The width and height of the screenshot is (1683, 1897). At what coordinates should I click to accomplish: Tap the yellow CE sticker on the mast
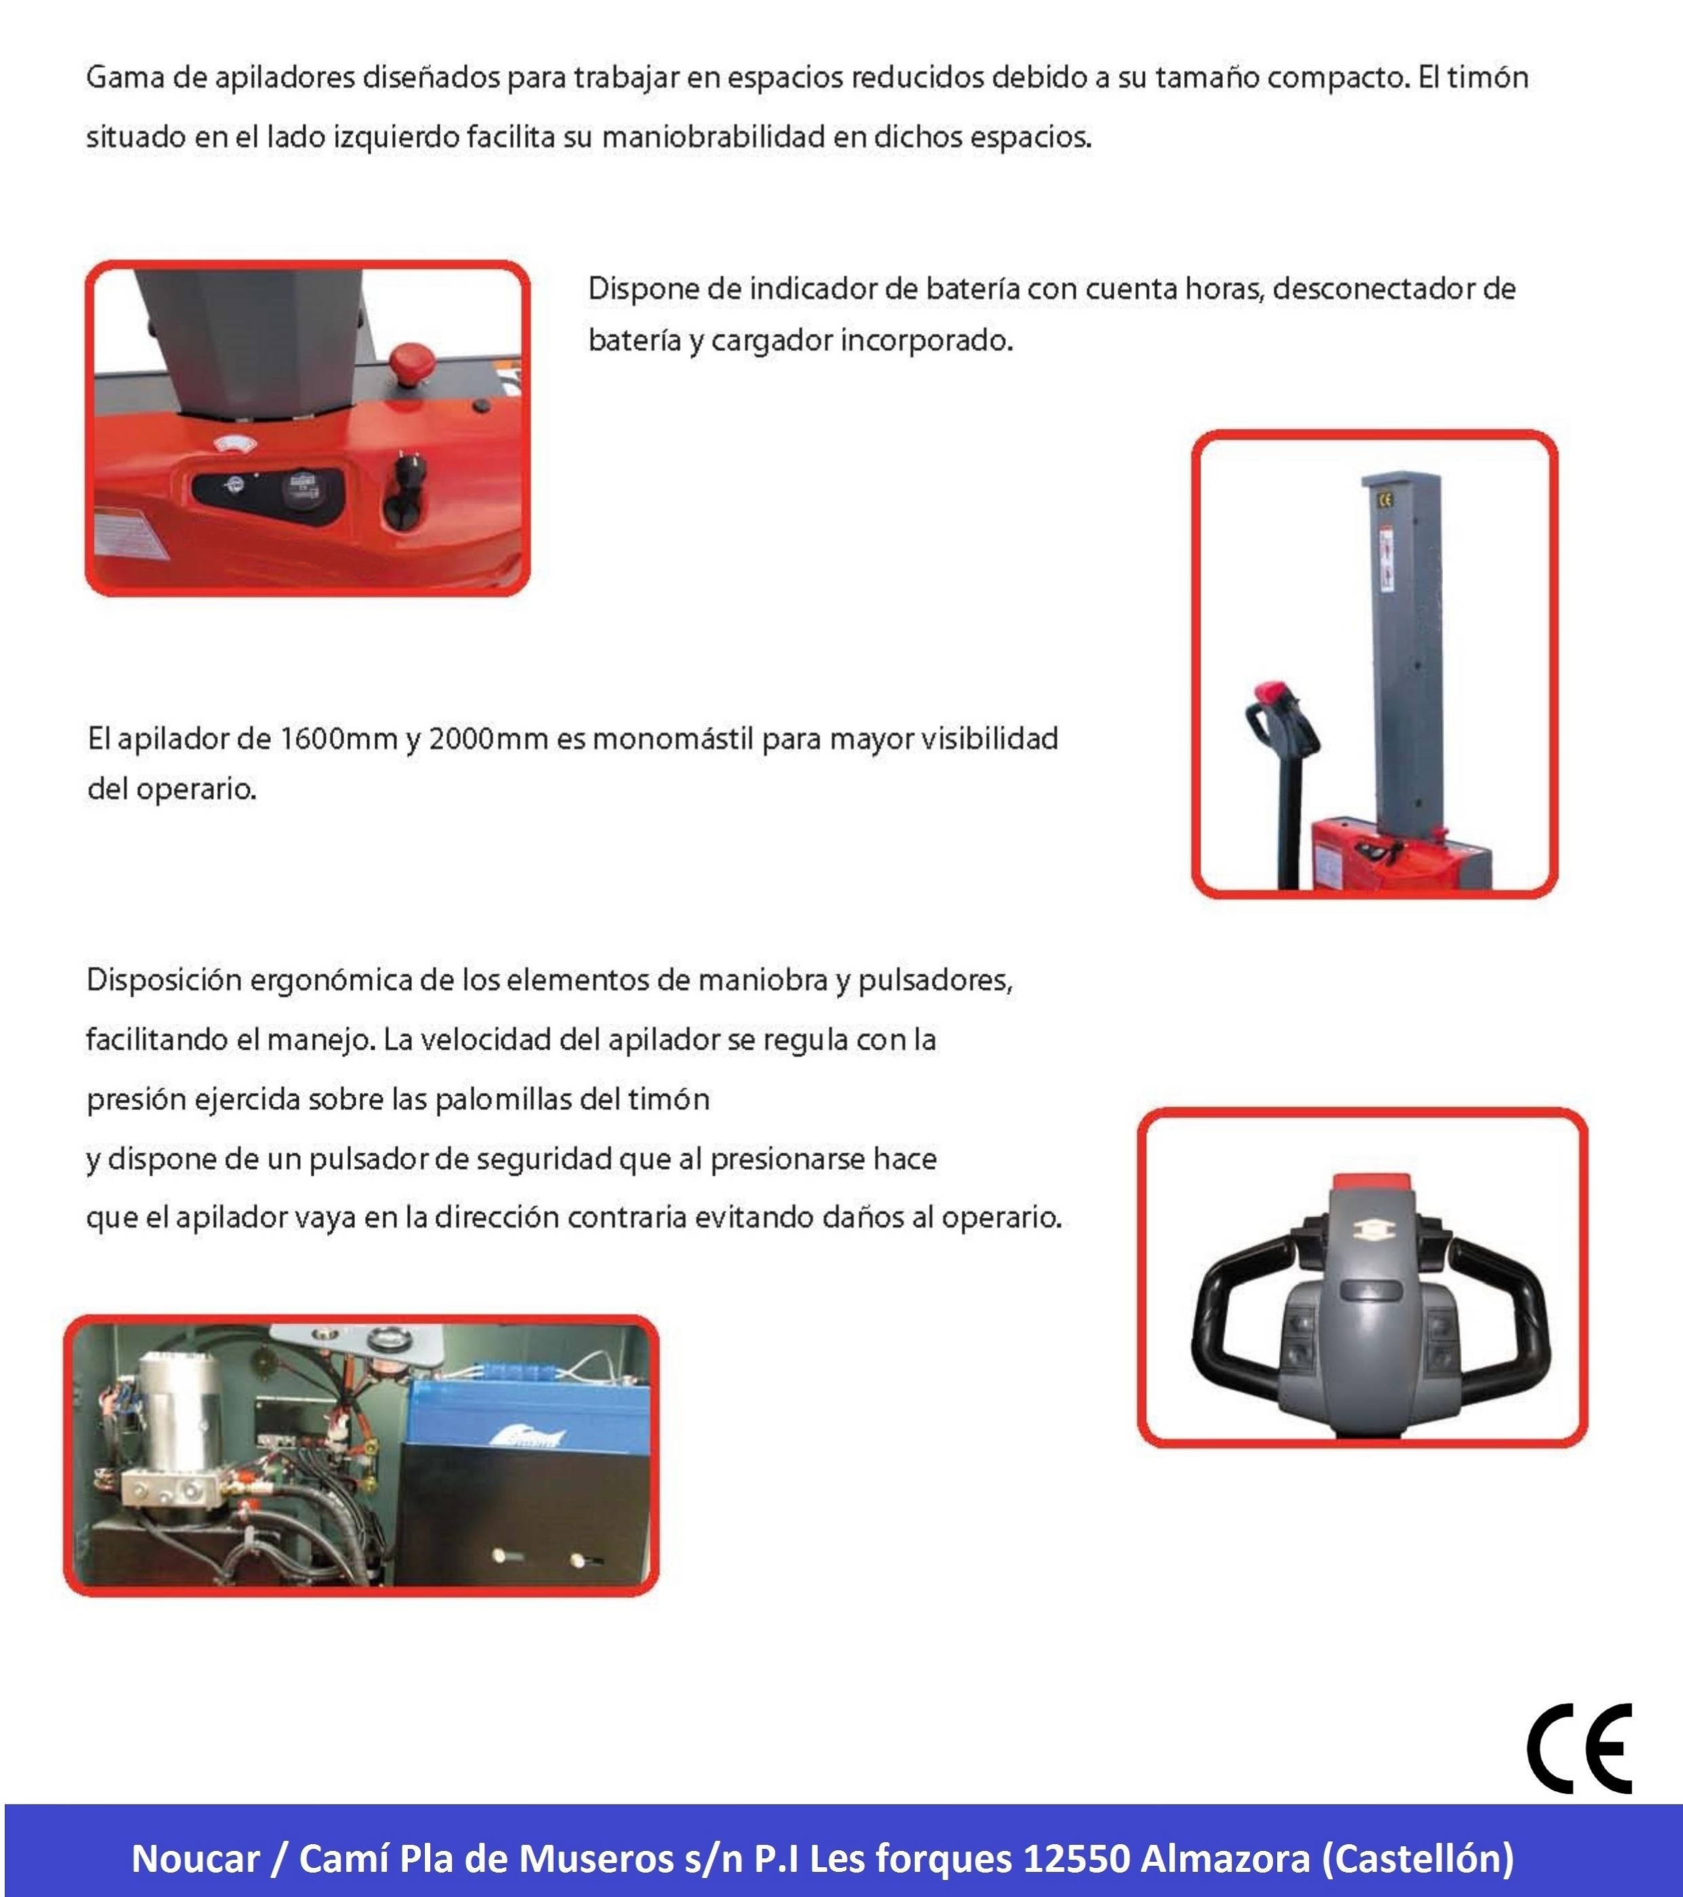(x=1385, y=499)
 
